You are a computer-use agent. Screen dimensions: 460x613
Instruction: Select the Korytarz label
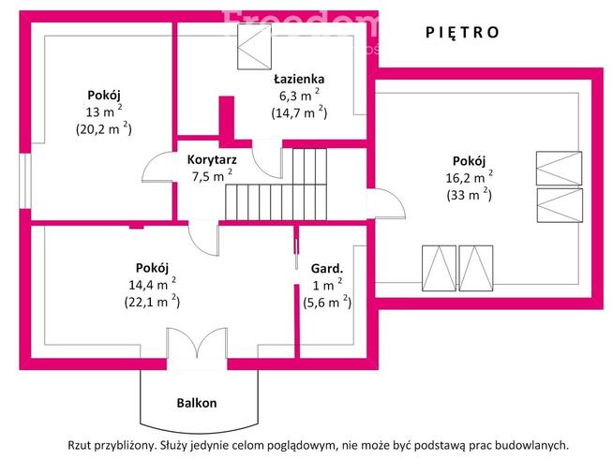tap(211, 159)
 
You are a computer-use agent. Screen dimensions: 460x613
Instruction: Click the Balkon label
tap(197, 403)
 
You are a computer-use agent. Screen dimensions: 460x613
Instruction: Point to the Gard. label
tap(327, 268)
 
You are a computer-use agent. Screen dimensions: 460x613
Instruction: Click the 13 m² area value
tap(102, 111)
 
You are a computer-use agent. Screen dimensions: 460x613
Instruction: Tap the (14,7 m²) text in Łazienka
tap(298, 112)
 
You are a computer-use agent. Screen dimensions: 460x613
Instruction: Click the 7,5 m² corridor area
tap(211, 175)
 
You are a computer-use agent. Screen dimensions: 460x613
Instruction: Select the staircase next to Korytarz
tap(281, 187)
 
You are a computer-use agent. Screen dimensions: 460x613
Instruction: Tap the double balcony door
tap(197, 347)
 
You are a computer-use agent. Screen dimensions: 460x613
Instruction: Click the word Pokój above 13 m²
tap(104, 95)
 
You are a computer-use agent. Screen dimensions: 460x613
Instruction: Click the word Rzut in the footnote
tap(81, 446)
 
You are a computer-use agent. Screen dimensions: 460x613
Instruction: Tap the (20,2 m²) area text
tap(103, 129)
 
